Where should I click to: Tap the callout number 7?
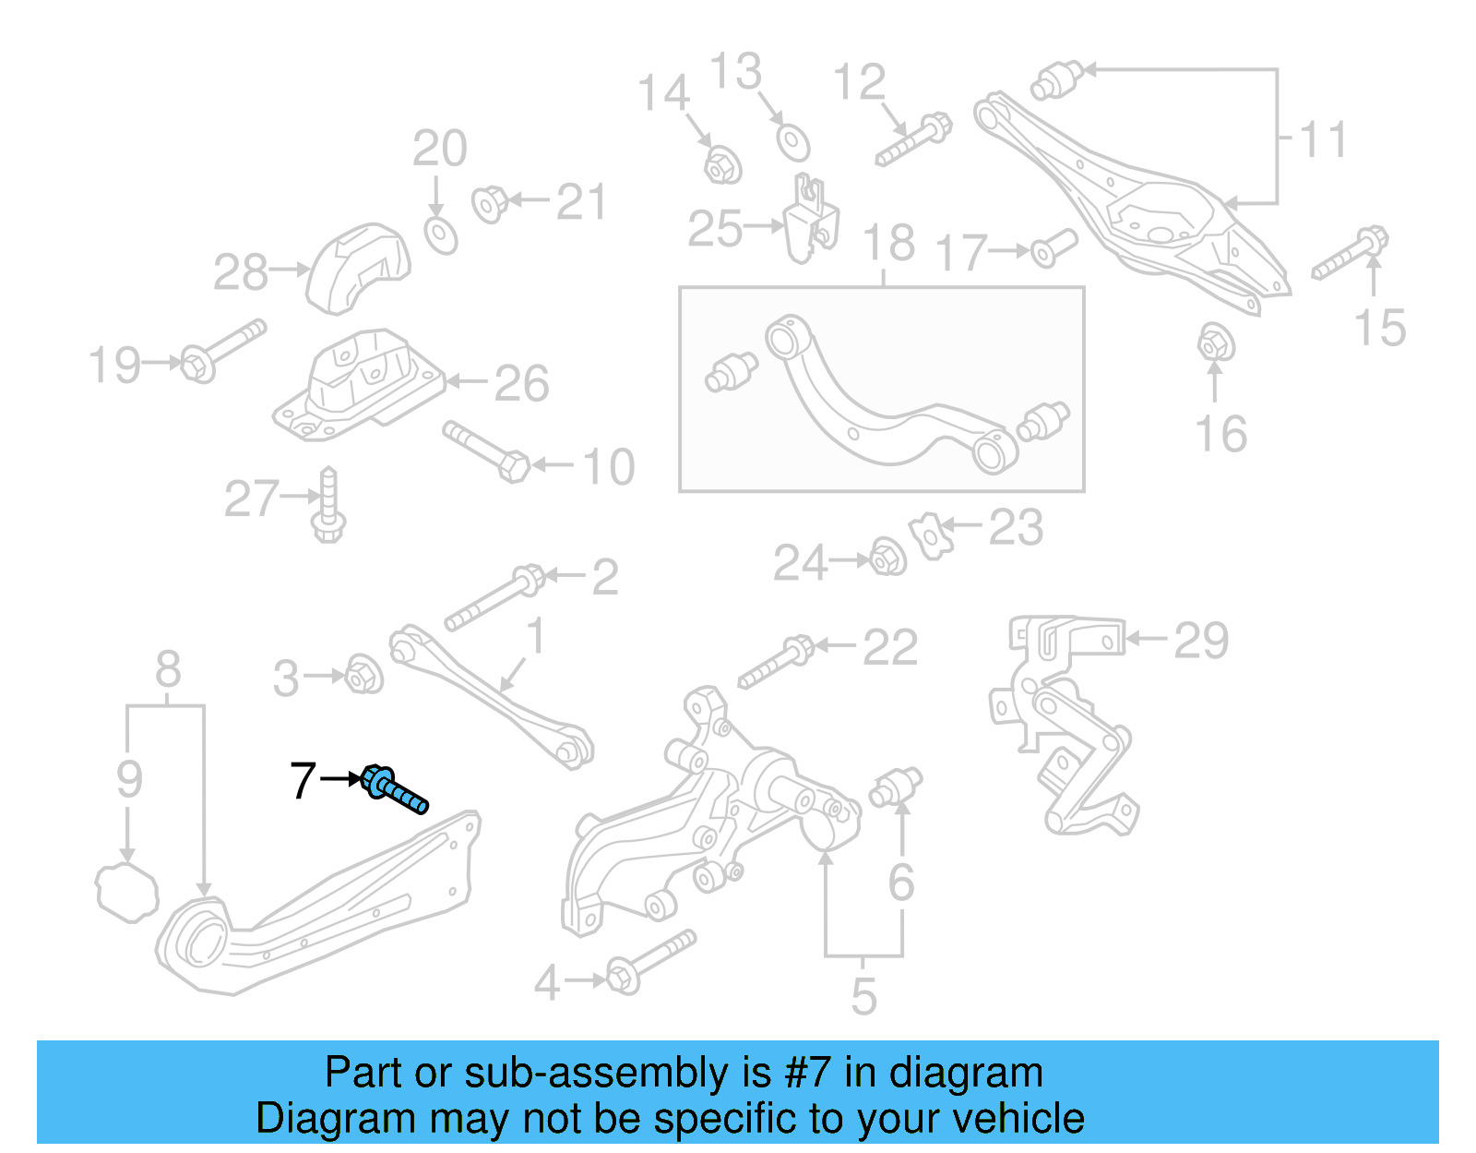pos(303,781)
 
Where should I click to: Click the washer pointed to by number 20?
pos(441,234)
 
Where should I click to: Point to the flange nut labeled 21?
pos(489,203)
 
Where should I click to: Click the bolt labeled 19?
pos(221,351)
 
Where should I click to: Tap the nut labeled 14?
pos(722,165)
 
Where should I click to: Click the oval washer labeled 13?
pos(792,142)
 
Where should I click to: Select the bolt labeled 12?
pos(913,139)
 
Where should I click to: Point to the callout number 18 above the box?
pos(888,244)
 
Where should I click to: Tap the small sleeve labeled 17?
pos(1053,246)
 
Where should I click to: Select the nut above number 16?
pos(1216,343)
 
